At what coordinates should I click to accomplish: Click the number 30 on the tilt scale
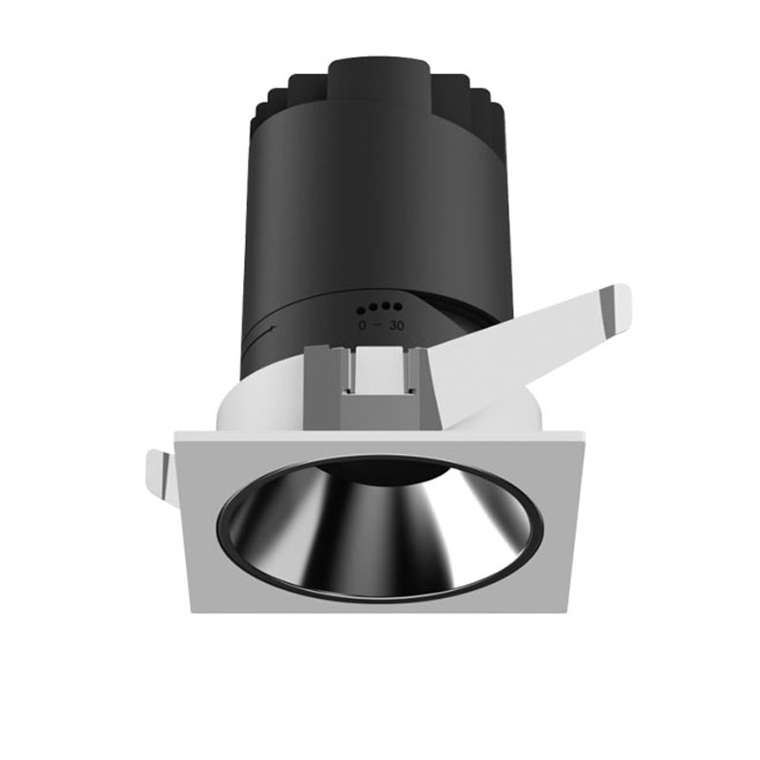[396, 326]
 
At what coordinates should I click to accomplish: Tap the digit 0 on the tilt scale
[362, 326]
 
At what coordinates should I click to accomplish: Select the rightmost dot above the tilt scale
[397, 306]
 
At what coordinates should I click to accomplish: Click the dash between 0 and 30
[377, 325]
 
